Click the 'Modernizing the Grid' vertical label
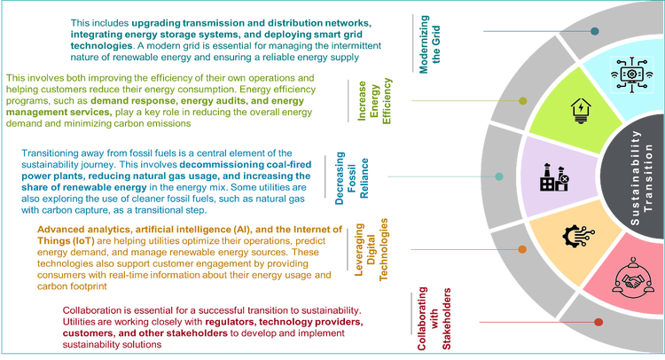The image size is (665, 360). click(430, 44)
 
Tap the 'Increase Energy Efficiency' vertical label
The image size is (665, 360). click(374, 101)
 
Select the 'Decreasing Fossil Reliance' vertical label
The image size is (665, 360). click(352, 178)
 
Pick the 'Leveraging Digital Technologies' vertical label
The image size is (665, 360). click(372, 249)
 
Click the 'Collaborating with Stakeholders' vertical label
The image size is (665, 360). click(434, 319)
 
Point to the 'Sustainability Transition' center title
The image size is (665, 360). click(641, 177)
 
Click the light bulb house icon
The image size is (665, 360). click(581, 111)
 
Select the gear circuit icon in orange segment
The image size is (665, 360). click(578, 236)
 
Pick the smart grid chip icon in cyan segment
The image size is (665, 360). click(631, 74)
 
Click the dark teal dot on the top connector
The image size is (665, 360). click(595, 31)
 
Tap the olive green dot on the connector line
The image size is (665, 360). click(523, 101)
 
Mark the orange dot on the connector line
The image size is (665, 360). click(522, 249)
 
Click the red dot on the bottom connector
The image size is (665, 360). click(598, 322)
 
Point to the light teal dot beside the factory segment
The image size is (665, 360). click(499, 176)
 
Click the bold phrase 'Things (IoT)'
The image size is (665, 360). click(66, 241)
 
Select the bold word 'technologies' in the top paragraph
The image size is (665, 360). click(101, 45)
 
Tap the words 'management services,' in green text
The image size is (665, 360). click(59, 113)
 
